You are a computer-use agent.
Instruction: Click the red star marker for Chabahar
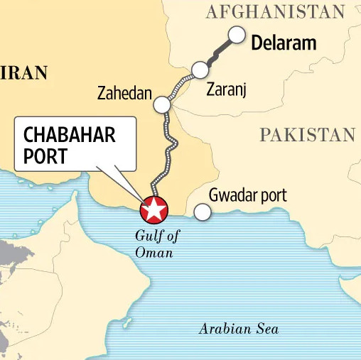153,209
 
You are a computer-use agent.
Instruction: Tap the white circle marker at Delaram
237,36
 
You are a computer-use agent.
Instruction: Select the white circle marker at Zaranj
200,70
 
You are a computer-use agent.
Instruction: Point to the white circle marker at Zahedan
162,105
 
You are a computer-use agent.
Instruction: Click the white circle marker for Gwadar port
202,212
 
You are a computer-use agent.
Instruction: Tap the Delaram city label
284,43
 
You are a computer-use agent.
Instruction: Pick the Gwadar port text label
247,195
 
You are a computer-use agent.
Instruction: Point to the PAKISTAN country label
306,135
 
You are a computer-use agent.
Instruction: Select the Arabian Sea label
239,329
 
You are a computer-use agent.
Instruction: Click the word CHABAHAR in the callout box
70,135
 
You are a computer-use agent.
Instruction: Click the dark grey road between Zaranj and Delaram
219,53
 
